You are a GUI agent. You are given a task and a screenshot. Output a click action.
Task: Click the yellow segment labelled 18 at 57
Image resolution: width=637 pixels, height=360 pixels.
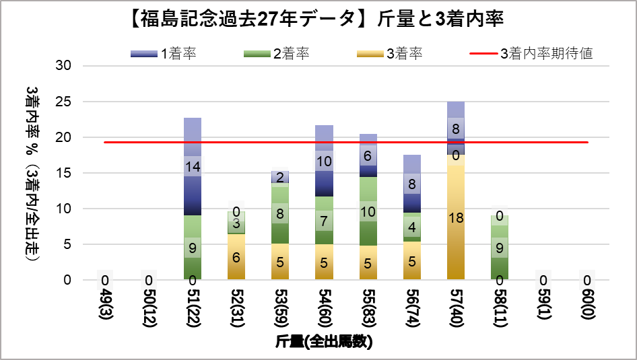pos(456,217)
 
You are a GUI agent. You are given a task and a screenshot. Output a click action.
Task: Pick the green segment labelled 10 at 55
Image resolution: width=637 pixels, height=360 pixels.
pos(368,211)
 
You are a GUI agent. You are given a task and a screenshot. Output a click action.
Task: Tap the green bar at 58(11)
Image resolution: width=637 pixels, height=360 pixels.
pos(500,247)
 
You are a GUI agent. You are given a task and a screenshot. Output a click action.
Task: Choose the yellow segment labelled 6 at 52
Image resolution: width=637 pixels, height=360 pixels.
pos(236,256)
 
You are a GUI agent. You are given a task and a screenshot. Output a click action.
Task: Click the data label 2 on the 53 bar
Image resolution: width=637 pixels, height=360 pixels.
pos(280,177)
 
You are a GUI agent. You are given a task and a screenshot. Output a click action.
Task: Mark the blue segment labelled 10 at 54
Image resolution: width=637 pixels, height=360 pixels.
pos(324,161)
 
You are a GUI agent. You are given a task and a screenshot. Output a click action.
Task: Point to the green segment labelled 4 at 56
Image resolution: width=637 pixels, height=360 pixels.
pos(411,227)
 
